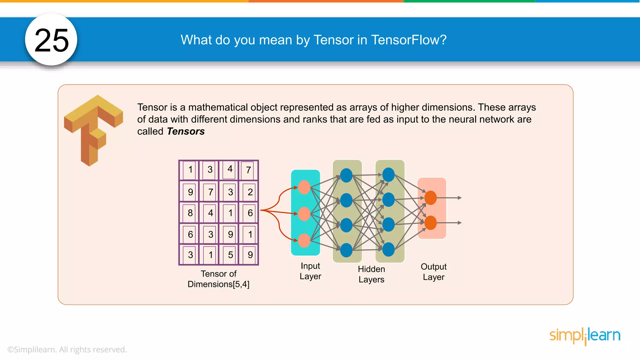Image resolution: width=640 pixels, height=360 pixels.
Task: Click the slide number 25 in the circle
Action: [x=52, y=40]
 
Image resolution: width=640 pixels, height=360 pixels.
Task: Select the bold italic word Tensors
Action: [x=186, y=131]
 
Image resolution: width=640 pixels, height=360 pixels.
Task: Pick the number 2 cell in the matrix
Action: [x=250, y=192]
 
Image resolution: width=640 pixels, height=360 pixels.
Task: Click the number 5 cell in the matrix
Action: [x=230, y=255]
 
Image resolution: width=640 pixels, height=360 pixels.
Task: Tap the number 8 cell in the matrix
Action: [x=190, y=213]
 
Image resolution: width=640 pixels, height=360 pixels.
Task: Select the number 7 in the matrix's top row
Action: [x=248, y=170]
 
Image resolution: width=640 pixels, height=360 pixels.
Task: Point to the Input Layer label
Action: [x=310, y=271]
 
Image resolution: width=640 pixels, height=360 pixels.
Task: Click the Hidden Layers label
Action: [x=371, y=274]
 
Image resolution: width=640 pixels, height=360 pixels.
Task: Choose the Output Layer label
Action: [x=433, y=272]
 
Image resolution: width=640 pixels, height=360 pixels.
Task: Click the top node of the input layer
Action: [x=304, y=187]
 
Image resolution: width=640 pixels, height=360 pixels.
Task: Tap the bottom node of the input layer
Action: [x=304, y=241]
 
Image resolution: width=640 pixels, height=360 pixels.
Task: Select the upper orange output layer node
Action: [x=431, y=198]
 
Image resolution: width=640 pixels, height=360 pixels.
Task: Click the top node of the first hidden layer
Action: [x=346, y=175]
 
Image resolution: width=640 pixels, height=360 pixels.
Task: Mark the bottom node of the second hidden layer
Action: [x=388, y=249]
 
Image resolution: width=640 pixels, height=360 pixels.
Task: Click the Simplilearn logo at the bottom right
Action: [x=585, y=336]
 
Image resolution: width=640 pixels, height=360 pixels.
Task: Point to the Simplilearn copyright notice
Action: [x=67, y=349]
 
